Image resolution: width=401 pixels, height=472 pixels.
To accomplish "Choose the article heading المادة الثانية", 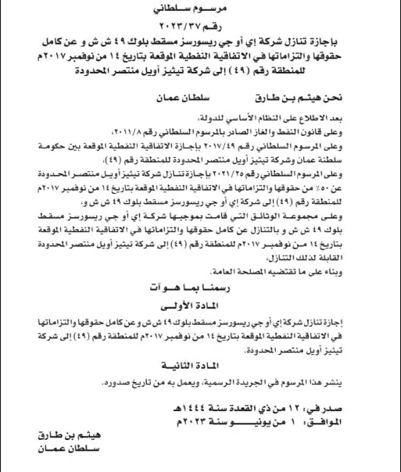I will (x=199, y=365).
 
